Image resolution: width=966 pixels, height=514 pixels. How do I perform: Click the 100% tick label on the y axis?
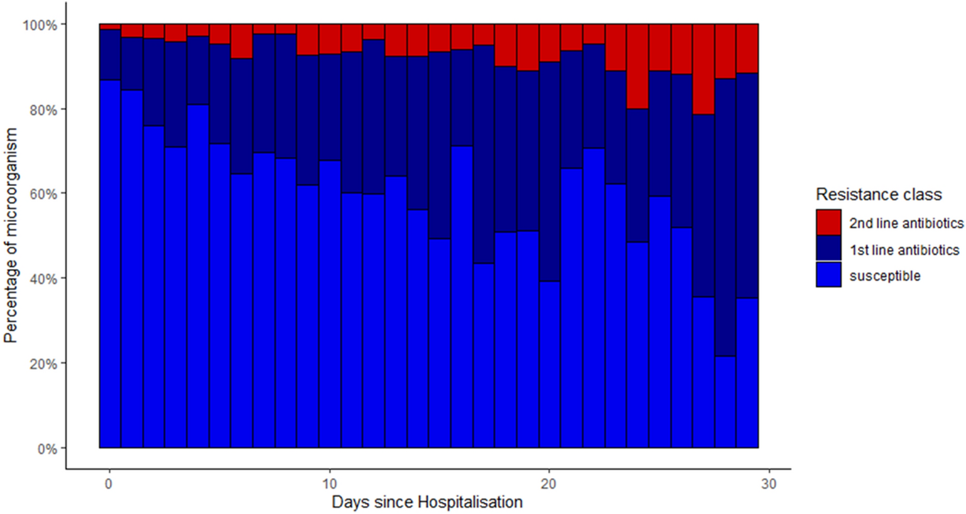click(40, 25)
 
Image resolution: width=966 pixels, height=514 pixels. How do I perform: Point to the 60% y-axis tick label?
click(42, 194)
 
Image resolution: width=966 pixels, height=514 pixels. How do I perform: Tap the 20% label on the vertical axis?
click(42, 364)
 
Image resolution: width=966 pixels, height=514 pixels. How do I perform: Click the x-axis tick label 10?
click(330, 484)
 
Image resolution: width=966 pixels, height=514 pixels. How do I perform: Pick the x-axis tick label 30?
click(769, 484)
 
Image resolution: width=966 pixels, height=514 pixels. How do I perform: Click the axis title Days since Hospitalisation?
click(427, 502)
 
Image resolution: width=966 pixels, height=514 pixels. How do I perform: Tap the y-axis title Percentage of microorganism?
click(11, 236)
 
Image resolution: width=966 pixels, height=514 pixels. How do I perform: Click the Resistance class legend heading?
click(878, 195)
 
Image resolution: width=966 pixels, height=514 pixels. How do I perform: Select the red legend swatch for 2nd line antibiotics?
click(828, 222)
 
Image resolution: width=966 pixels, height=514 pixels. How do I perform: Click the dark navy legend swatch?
click(828, 248)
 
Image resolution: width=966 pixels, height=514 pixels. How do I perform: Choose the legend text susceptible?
click(884, 276)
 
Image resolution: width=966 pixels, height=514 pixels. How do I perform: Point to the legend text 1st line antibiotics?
click(904, 250)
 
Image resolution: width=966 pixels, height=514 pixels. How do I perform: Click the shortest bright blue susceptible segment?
click(725, 402)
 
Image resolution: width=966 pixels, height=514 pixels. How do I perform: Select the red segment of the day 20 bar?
click(550, 43)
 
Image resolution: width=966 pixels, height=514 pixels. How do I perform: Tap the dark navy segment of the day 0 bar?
click(110, 55)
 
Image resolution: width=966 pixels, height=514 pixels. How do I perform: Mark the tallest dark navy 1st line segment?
click(725, 217)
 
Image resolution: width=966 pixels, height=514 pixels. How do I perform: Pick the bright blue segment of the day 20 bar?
click(550, 364)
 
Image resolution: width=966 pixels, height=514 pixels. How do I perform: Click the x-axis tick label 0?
click(109, 484)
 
